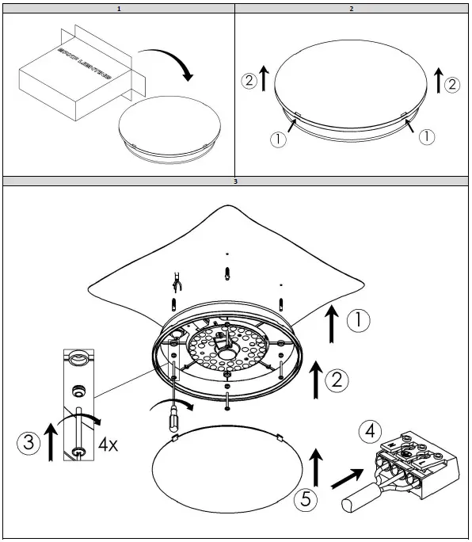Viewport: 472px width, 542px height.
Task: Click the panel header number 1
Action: coord(118,9)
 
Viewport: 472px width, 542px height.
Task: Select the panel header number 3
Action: coord(235,182)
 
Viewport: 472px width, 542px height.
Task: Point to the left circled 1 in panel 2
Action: coord(277,139)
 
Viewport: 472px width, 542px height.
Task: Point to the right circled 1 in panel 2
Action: coord(426,136)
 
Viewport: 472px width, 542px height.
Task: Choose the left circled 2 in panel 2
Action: coord(249,80)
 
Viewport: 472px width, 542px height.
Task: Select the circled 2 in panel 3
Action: coord(337,380)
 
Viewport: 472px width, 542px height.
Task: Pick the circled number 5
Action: coord(305,498)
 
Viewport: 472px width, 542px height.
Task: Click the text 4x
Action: coord(108,445)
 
